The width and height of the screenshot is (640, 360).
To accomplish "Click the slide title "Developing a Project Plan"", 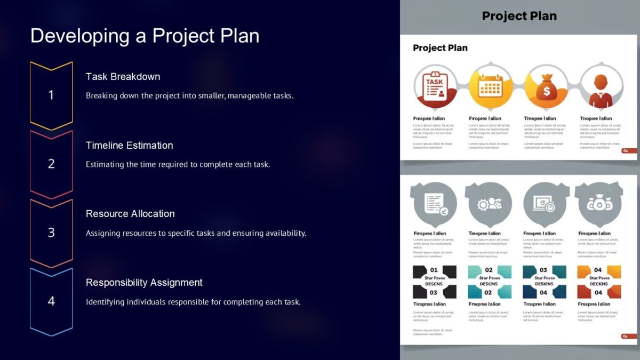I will point(145,36).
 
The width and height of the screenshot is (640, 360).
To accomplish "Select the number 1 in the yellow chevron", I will point(51,95).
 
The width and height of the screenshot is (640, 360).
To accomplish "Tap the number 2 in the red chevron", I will point(51,164).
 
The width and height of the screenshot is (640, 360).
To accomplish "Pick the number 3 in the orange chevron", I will point(51,233).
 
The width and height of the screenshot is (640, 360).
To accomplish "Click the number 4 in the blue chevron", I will point(51,301).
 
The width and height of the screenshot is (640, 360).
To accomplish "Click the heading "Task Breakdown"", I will point(123,76).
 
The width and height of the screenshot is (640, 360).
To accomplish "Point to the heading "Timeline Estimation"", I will point(129,145).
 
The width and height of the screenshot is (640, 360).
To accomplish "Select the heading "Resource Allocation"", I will point(130,213).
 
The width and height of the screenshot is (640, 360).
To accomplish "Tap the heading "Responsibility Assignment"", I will point(144,282).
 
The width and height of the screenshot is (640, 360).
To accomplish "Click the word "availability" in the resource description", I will point(285,233).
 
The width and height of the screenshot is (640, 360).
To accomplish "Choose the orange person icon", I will point(601,87).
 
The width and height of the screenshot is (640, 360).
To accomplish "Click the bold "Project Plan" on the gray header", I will point(519,16).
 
